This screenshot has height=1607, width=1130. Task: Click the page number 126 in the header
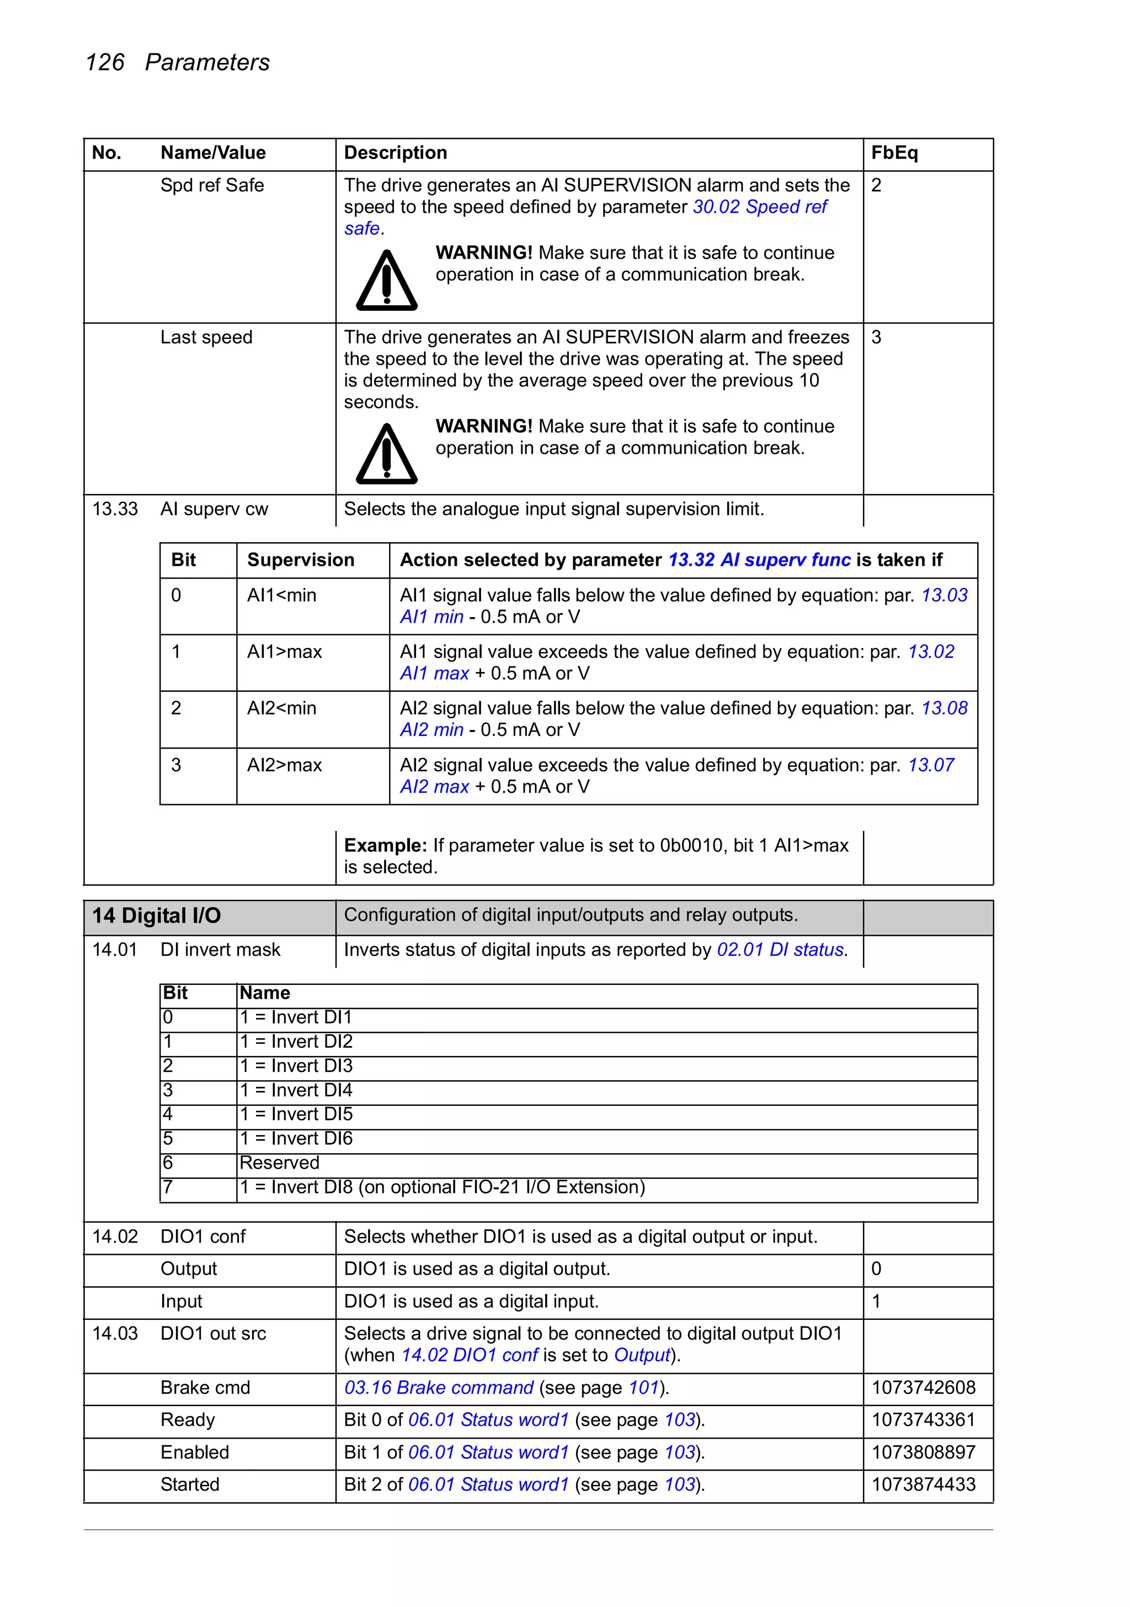(104, 62)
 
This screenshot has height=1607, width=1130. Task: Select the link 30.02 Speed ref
(760, 207)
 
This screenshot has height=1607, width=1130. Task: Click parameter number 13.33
(115, 509)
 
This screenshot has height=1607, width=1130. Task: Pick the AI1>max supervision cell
(284, 651)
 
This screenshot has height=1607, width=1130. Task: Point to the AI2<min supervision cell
(281, 708)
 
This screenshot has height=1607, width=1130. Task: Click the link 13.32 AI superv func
(759, 560)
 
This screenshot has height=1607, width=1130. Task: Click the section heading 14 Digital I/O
(157, 915)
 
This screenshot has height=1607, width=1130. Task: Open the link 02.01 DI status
(780, 950)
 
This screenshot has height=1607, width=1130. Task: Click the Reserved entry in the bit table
(279, 1163)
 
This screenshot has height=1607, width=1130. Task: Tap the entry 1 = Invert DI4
(296, 1090)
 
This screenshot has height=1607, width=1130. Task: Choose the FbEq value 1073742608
(923, 1387)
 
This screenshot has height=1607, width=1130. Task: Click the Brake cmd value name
(205, 1387)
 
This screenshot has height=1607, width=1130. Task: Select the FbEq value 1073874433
(923, 1484)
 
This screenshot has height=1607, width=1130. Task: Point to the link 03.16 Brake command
(439, 1387)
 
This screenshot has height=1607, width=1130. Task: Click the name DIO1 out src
(213, 1333)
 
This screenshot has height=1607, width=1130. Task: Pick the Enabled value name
(195, 1452)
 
